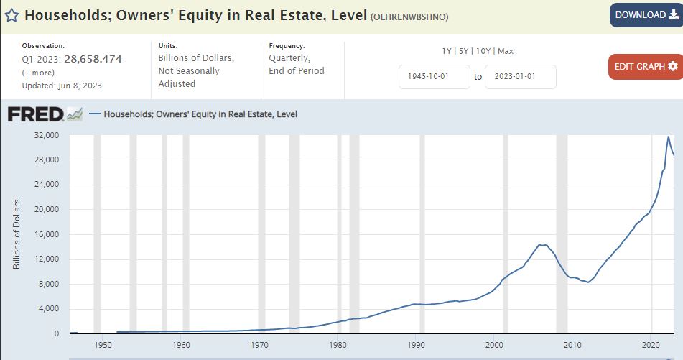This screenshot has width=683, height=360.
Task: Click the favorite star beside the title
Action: click(11, 16)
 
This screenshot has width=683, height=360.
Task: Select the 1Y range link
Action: click(447, 51)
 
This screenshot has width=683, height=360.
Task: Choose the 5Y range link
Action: click(463, 51)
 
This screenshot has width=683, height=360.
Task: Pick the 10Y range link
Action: click(483, 51)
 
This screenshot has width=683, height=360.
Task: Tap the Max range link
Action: click(505, 51)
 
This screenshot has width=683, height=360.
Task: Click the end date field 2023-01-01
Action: click(520, 77)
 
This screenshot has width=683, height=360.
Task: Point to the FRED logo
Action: click(45, 114)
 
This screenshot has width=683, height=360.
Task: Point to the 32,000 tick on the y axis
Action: click(47, 135)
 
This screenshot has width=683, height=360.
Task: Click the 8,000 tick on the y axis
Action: click(50, 284)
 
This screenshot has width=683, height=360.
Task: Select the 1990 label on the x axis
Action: click(416, 345)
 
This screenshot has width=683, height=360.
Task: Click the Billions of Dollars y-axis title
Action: click(16, 234)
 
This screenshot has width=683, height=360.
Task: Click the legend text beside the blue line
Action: click(200, 114)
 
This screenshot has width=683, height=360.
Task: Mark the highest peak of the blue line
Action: click(669, 137)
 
